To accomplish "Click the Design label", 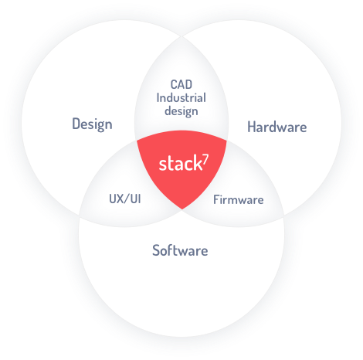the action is (92, 124).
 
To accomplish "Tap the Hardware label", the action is (277, 127).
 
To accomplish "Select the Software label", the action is (180, 250).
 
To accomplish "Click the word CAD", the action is (181, 84).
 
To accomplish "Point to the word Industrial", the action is (181, 98).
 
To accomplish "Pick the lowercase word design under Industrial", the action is (181, 111).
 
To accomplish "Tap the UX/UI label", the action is (125, 199).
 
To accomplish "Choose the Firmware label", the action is (239, 200).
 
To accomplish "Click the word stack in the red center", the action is (181, 164).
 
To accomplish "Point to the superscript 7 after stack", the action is (205, 159).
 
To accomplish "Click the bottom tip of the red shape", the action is (182, 209).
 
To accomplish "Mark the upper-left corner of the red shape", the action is (137, 141).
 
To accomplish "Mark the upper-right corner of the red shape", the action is (227, 141).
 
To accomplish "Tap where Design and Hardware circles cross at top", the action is (181, 36).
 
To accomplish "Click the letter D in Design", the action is (76, 124).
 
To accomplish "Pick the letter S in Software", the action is (156, 250).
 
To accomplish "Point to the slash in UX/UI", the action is (126, 199).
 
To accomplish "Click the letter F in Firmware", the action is (216, 200).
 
